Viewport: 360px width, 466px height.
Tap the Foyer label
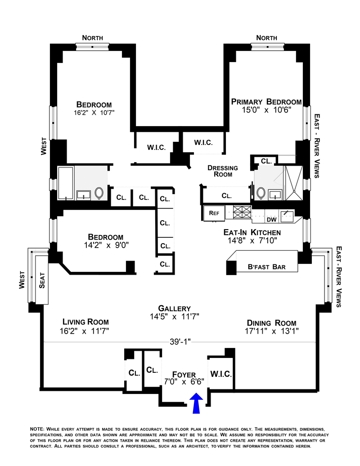click(x=184, y=375)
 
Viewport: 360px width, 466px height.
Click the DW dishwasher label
click(x=271, y=219)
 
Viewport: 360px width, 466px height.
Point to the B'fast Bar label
click(x=267, y=267)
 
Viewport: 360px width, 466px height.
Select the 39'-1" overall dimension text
click(x=180, y=341)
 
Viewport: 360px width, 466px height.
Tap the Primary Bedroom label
click(x=266, y=102)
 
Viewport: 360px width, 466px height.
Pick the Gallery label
click(x=177, y=308)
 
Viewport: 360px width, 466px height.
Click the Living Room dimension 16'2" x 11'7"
click(x=85, y=331)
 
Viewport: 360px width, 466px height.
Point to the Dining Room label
click(x=271, y=323)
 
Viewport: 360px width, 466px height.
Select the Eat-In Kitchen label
click(x=252, y=232)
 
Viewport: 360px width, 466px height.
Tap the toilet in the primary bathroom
click(x=261, y=193)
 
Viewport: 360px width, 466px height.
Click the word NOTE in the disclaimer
click(x=36, y=429)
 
